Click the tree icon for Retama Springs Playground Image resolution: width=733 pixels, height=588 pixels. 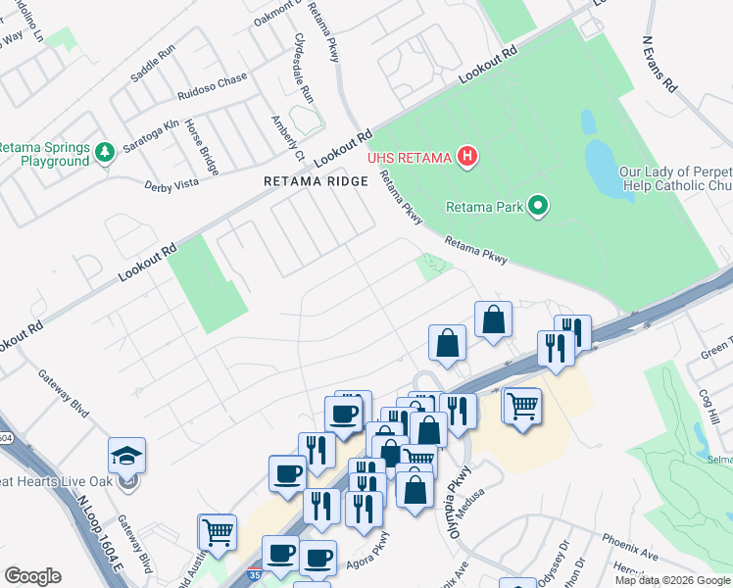click(x=105, y=154)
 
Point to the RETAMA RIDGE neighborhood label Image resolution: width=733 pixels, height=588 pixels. click(x=316, y=181)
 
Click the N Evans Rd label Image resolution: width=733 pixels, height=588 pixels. click(x=660, y=66)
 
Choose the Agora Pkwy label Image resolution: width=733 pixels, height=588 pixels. click(x=367, y=554)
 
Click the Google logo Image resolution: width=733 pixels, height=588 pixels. click(x=31, y=575)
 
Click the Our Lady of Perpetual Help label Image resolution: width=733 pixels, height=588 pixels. click(x=674, y=178)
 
